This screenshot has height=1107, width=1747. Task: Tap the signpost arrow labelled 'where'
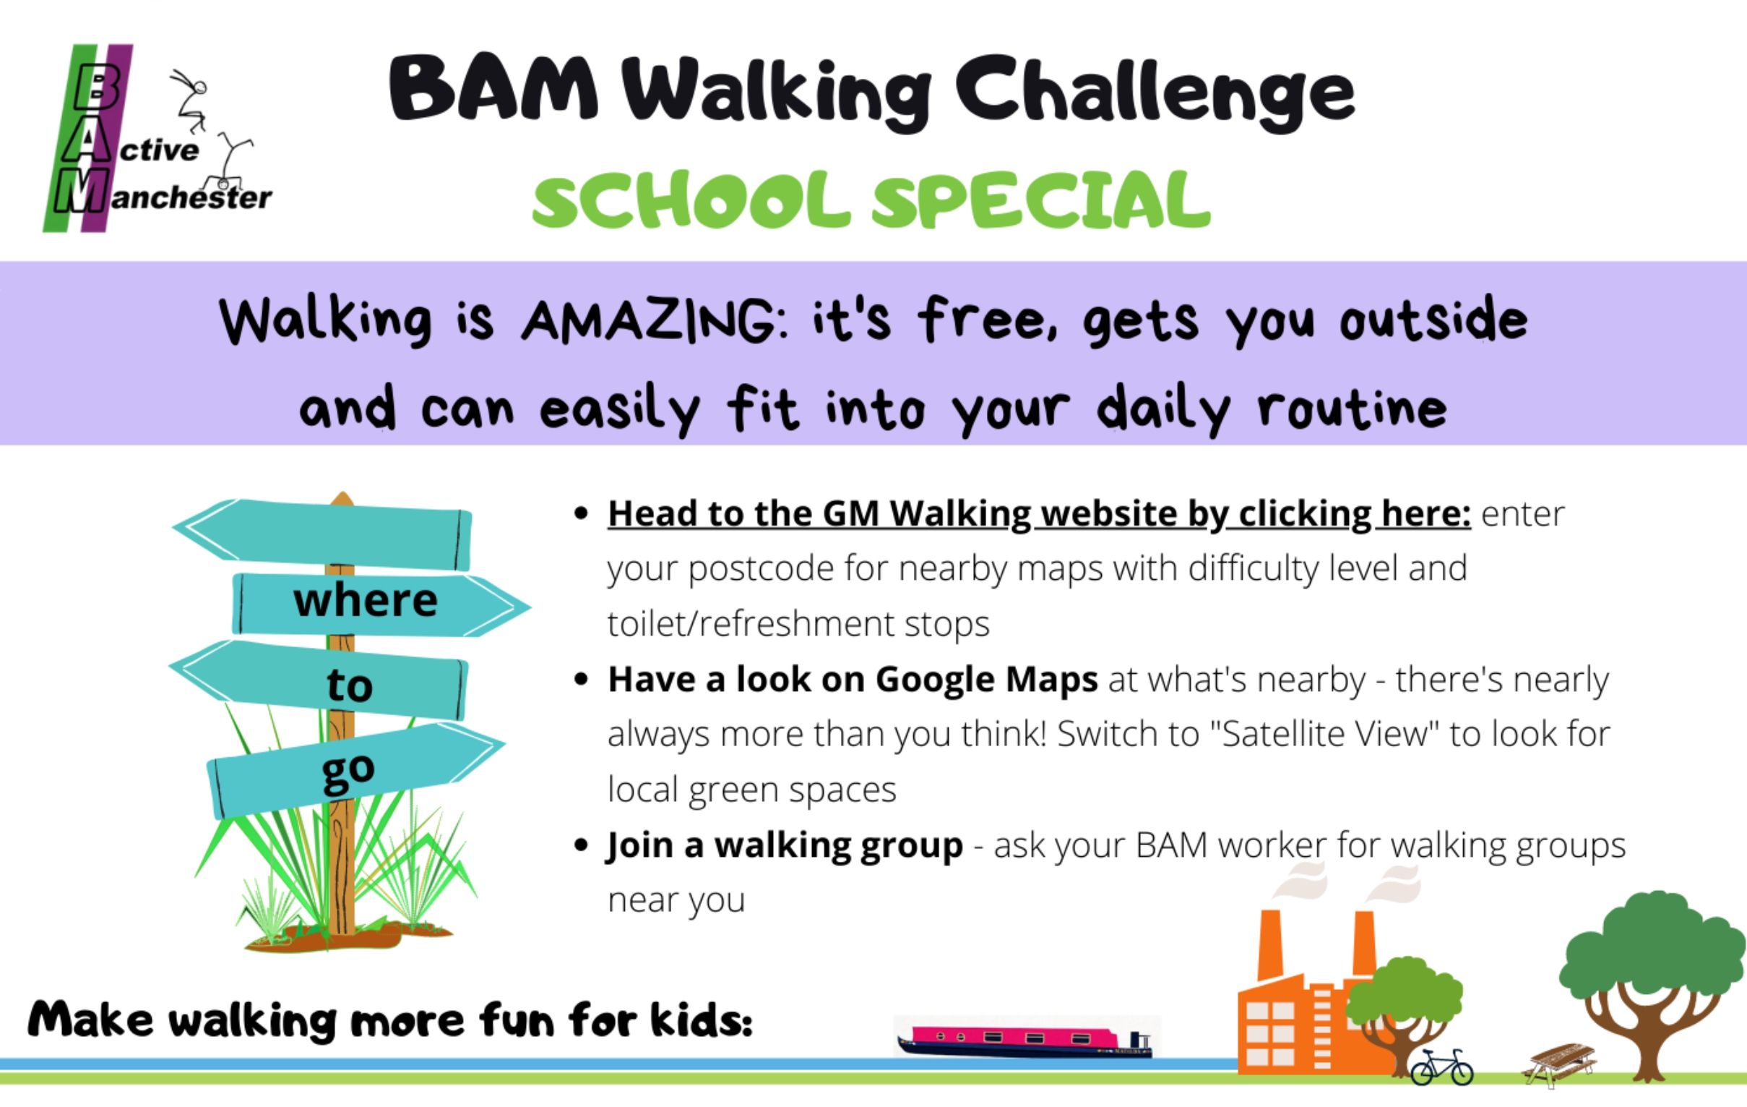(x=381, y=604)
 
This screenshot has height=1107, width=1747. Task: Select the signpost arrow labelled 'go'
(x=355, y=769)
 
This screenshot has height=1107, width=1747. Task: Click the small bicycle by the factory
(x=1441, y=1067)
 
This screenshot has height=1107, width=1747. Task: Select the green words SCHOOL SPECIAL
(x=871, y=200)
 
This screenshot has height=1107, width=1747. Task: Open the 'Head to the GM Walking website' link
(x=1039, y=514)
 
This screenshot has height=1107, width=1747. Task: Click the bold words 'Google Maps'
(x=987, y=680)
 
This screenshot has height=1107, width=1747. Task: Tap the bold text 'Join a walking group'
(x=785, y=846)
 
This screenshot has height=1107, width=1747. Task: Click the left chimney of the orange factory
(x=1269, y=944)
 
